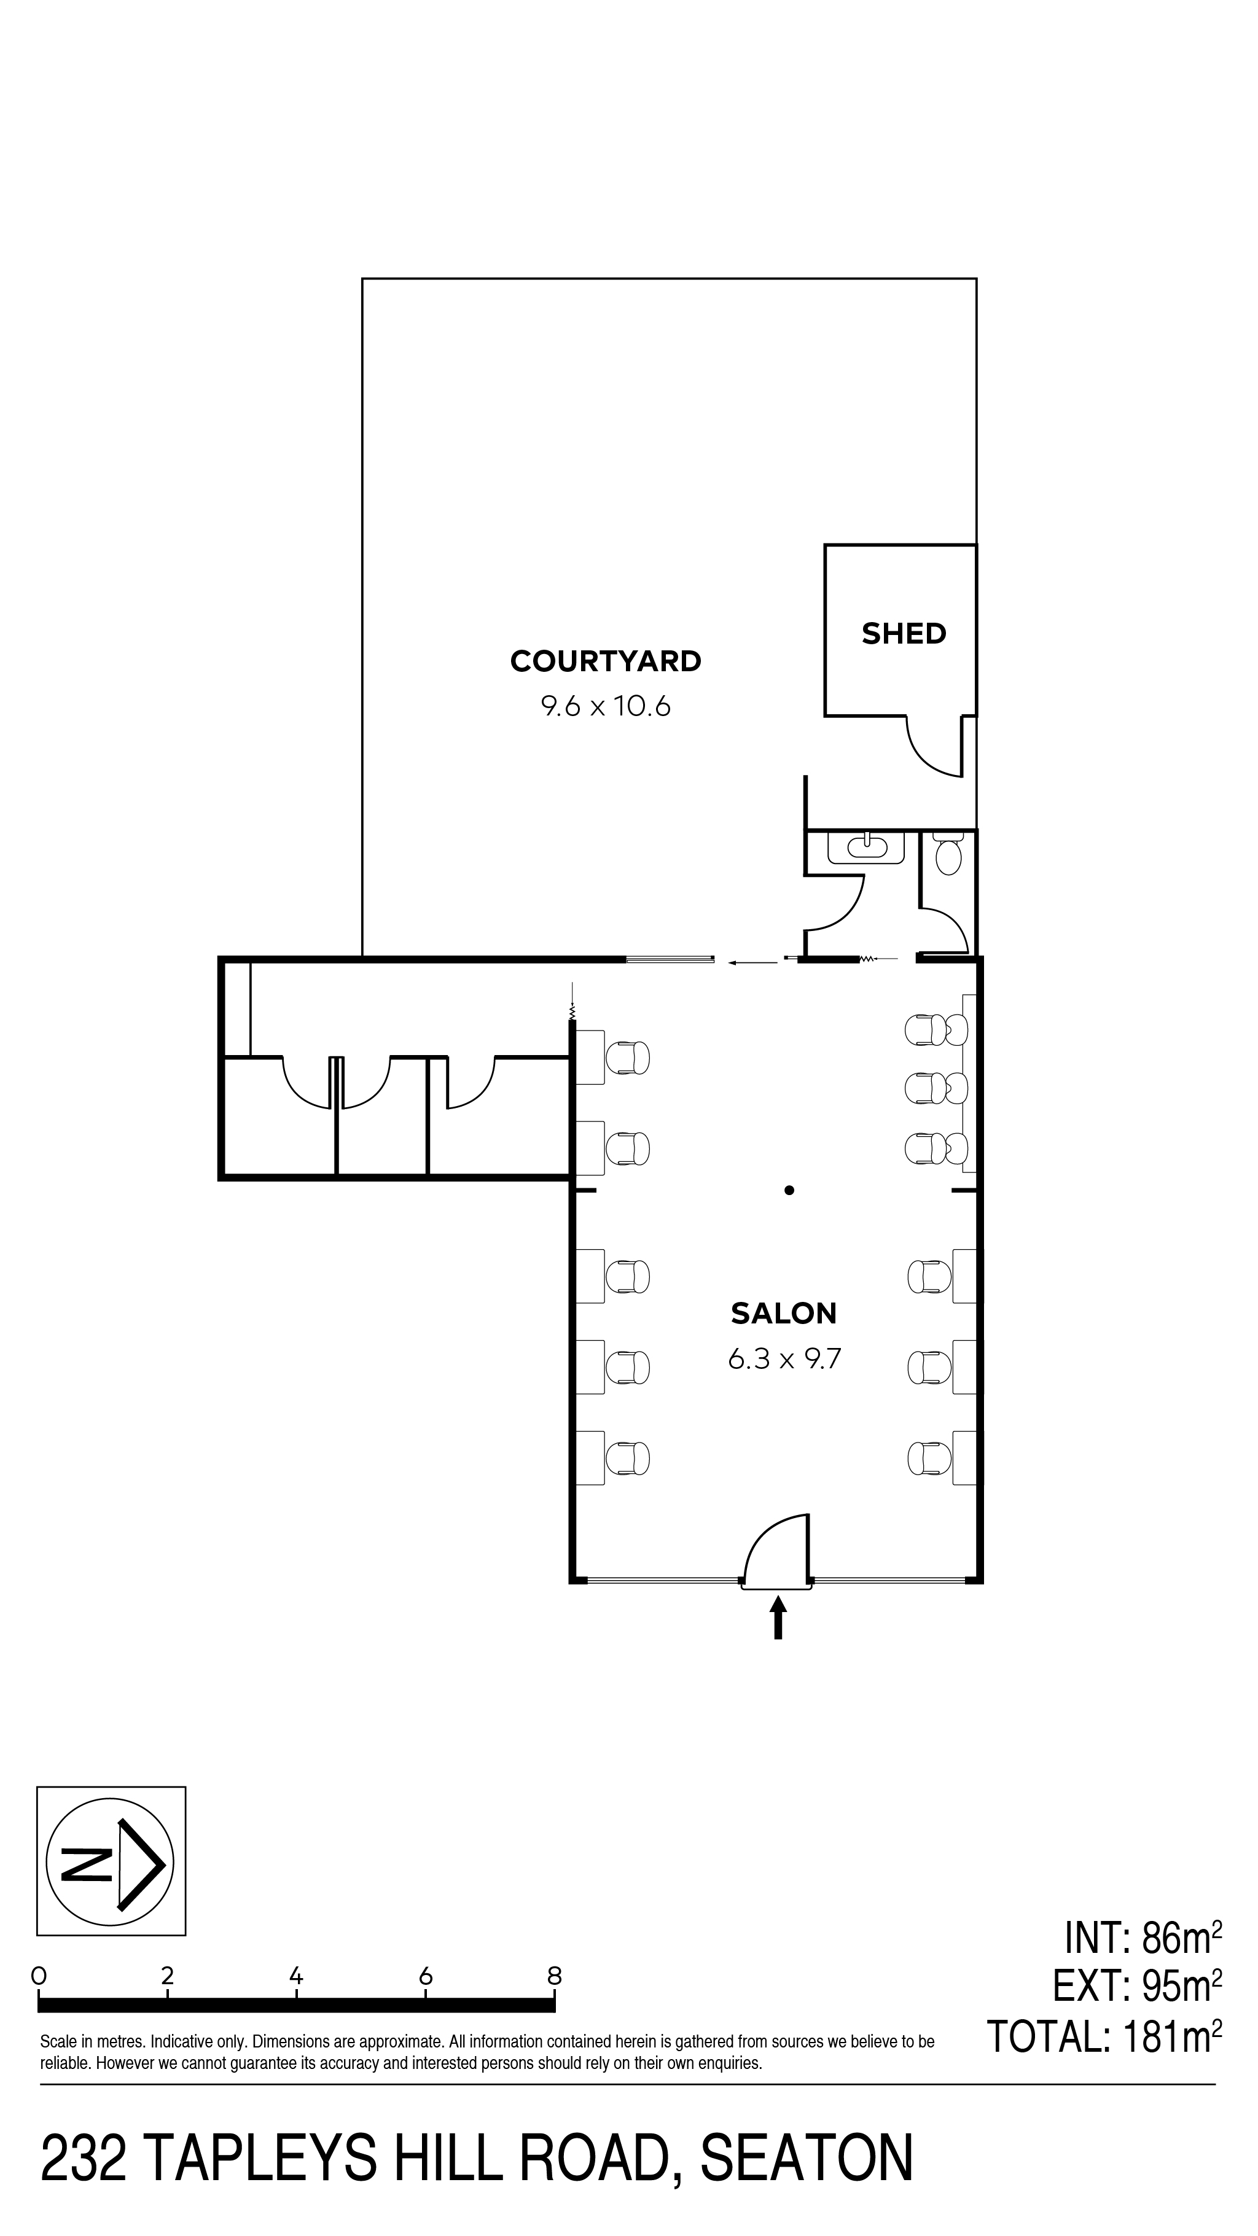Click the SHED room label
coord(903,634)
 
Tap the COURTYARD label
coord(605,661)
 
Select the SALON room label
coord(783,1314)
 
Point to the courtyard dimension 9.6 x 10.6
coord(605,707)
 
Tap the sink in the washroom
coord(865,846)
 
